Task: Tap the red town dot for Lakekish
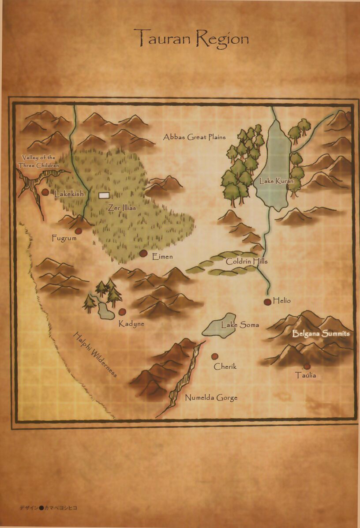pyautogui.click(x=45, y=192)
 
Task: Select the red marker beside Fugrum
pyautogui.click(x=79, y=231)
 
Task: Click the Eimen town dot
pyautogui.click(x=143, y=253)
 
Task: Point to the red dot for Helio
pyautogui.click(x=267, y=302)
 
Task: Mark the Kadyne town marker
pyautogui.click(x=122, y=312)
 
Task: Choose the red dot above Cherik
pyautogui.click(x=214, y=356)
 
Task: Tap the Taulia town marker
pyautogui.click(x=307, y=366)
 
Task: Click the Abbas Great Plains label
pyautogui.click(x=194, y=137)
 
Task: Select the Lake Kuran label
pyautogui.click(x=274, y=181)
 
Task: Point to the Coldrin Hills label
pyautogui.click(x=247, y=262)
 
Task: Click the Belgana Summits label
pyautogui.click(x=321, y=334)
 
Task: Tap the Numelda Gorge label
pyautogui.click(x=211, y=397)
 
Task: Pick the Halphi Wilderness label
pyautogui.click(x=95, y=355)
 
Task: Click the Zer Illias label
pyautogui.click(x=122, y=207)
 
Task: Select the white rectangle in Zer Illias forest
pyautogui.click(x=104, y=195)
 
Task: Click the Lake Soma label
pyautogui.click(x=240, y=325)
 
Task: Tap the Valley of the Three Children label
pyautogui.click(x=39, y=161)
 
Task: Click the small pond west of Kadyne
pyautogui.click(x=106, y=311)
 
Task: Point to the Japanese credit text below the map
pyautogui.click(x=48, y=508)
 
